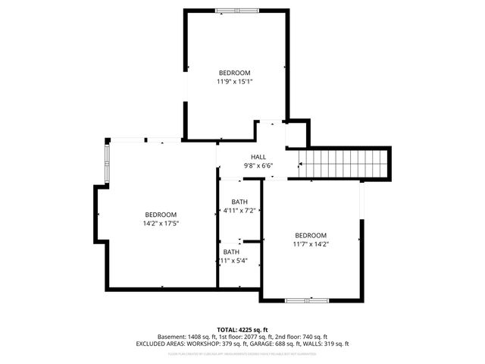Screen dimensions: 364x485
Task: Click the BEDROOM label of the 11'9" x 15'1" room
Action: [x=234, y=73]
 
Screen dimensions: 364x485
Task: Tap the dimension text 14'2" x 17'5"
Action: [x=161, y=223]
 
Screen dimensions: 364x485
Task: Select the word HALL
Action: [x=258, y=157]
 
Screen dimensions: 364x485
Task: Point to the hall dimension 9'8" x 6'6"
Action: [x=258, y=165]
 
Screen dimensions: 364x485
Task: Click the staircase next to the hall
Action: [x=343, y=162]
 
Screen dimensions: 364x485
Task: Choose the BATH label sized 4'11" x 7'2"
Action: [x=239, y=202]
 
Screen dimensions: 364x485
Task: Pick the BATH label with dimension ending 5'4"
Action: [x=231, y=252]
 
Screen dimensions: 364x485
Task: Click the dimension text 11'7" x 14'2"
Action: [x=311, y=243]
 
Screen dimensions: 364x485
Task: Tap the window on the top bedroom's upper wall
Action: [x=236, y=11]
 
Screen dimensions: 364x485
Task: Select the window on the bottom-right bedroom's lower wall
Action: [x=307, y=300]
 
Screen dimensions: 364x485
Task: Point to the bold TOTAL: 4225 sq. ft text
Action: [x=242, y=329]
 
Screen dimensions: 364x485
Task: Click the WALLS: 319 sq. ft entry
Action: [x=326, y=344]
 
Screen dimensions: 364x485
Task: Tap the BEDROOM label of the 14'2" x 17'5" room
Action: [x=161, y=214]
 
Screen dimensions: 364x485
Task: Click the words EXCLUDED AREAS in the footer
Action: [x=159, y=344]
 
